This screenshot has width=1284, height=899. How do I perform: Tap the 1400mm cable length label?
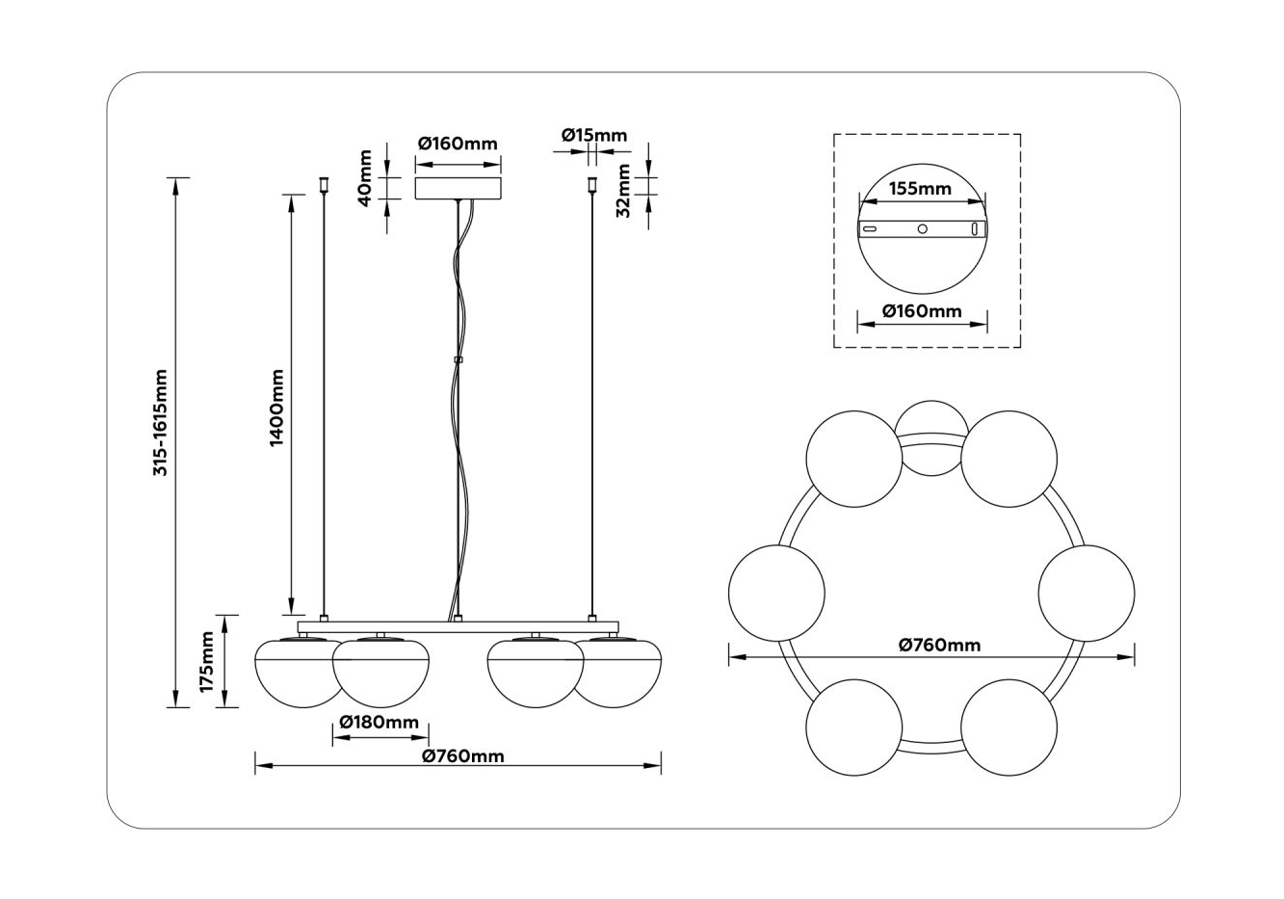click(276, 407)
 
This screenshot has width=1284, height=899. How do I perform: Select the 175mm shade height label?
click(205, 661)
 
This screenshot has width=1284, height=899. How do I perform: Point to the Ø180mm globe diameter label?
click(380, 723)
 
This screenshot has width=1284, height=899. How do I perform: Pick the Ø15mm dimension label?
click(593, 135)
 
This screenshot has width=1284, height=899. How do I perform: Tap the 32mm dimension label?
click(623, 190)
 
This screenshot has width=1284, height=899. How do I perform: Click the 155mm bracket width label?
click(920, 189)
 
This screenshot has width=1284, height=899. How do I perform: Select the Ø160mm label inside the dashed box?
click(922, 311)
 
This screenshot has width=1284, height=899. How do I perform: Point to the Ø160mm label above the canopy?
click(458, 144)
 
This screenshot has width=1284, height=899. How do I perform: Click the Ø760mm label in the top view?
click(939, 645)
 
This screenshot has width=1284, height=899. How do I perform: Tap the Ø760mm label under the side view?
click(463, 755)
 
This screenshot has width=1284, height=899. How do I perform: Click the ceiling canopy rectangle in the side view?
click(458, 187)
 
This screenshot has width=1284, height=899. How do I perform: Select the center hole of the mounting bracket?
click(922, 229)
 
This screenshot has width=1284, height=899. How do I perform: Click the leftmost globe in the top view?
click(776, 592)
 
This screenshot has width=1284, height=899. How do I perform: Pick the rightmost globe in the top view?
click(1087, 592)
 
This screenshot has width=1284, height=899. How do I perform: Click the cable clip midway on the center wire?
click(458, 361)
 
